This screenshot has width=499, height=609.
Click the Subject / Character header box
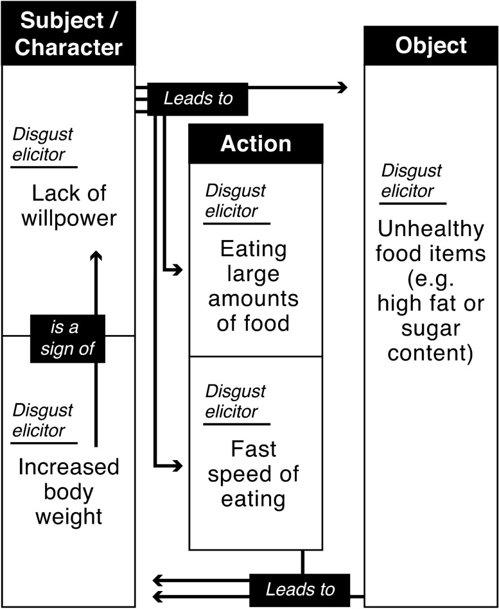tap(68, 33)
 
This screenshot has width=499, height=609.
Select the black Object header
tap(430, 46)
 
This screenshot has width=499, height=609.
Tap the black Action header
tap(256, 144)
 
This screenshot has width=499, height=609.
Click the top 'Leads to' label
tap(197, 99)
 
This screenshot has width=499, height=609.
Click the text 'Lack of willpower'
tap(69, 205)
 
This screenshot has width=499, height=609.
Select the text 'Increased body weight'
tap(68, 491)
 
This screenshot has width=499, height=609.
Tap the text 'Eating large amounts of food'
tap(252, 286)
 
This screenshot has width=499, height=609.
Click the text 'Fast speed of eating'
tap(252, 474)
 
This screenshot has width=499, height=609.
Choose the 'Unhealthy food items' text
tap(431, 241)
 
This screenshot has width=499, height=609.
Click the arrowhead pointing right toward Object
tap(342, 87)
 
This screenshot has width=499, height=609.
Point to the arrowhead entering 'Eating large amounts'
tap(177, 271)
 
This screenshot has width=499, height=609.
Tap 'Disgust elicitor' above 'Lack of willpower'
tap(43, 144)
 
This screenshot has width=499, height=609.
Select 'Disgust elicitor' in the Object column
tap(412, 181)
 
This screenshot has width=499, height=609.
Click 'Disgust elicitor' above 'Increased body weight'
tap(43, 420)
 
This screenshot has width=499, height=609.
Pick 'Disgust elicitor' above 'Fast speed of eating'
tap(235, 401)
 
